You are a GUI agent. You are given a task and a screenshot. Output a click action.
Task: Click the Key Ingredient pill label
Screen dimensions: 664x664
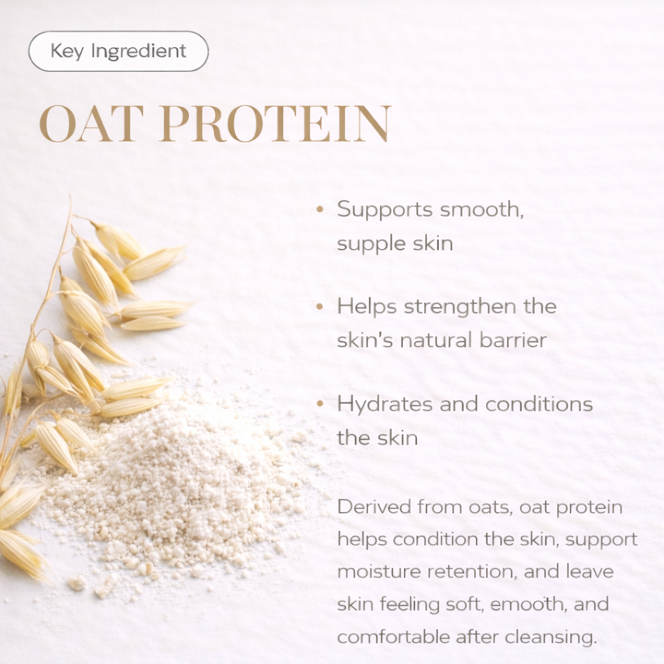[119, 51]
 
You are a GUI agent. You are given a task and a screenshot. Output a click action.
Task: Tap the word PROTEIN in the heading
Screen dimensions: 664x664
[275, 123]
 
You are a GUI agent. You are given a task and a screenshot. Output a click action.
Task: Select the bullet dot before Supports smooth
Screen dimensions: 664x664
[320, 209]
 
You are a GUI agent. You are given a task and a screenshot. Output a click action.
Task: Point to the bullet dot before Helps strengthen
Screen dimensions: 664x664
[320, 306]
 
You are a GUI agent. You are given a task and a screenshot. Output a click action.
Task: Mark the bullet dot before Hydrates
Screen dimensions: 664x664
[320, 403]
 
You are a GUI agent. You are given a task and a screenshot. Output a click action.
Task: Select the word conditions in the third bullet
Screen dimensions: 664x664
[539, 404]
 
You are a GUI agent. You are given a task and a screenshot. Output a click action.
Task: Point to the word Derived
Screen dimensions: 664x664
[374, 507]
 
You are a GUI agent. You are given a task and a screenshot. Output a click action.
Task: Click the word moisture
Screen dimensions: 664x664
[379, 572]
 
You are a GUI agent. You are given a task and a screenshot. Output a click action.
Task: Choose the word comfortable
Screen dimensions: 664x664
[392, 637]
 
